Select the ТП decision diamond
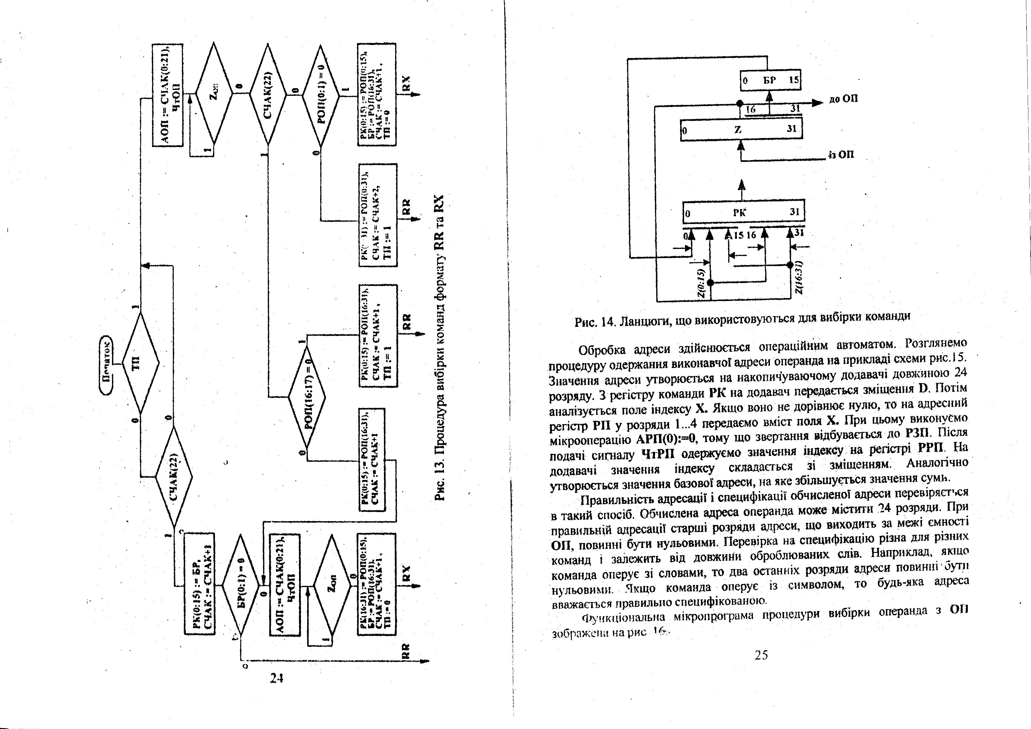[x=140, y=363]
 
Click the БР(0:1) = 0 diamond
[x=241, y=585]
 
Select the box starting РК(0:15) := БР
[x=200, y=583]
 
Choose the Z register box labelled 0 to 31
[x=741, y=130]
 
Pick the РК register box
[x=743, y=212]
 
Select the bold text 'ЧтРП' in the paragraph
[x=658, y=454]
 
